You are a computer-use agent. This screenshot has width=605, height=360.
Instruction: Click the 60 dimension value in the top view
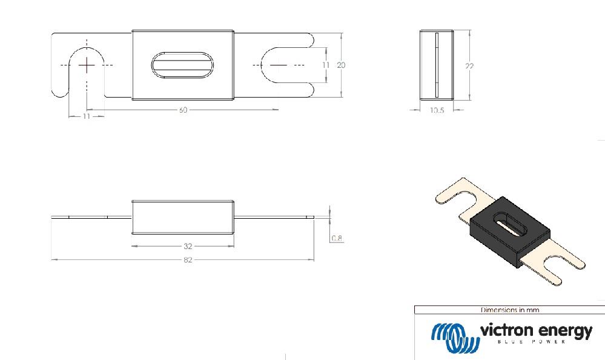pos(182,110)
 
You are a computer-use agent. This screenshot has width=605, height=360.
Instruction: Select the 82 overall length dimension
pos(188,260)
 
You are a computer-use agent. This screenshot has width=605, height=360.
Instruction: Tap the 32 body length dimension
pos(188,246)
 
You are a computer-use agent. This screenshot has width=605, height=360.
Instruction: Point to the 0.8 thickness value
pos(337,238)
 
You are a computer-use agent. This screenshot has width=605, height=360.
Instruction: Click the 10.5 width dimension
pos(436,111)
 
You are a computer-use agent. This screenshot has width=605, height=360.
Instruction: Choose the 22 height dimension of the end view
pos(469,66)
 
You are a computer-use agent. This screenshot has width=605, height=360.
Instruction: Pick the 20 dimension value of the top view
pos(341,65)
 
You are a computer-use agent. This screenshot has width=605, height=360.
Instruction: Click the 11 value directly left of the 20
pos(326,65)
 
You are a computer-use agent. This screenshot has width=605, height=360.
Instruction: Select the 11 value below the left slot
pos(86,116)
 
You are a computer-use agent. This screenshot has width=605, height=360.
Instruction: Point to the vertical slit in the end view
pos(436,65)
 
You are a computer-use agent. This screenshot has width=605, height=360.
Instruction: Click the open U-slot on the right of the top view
pos(285,65)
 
